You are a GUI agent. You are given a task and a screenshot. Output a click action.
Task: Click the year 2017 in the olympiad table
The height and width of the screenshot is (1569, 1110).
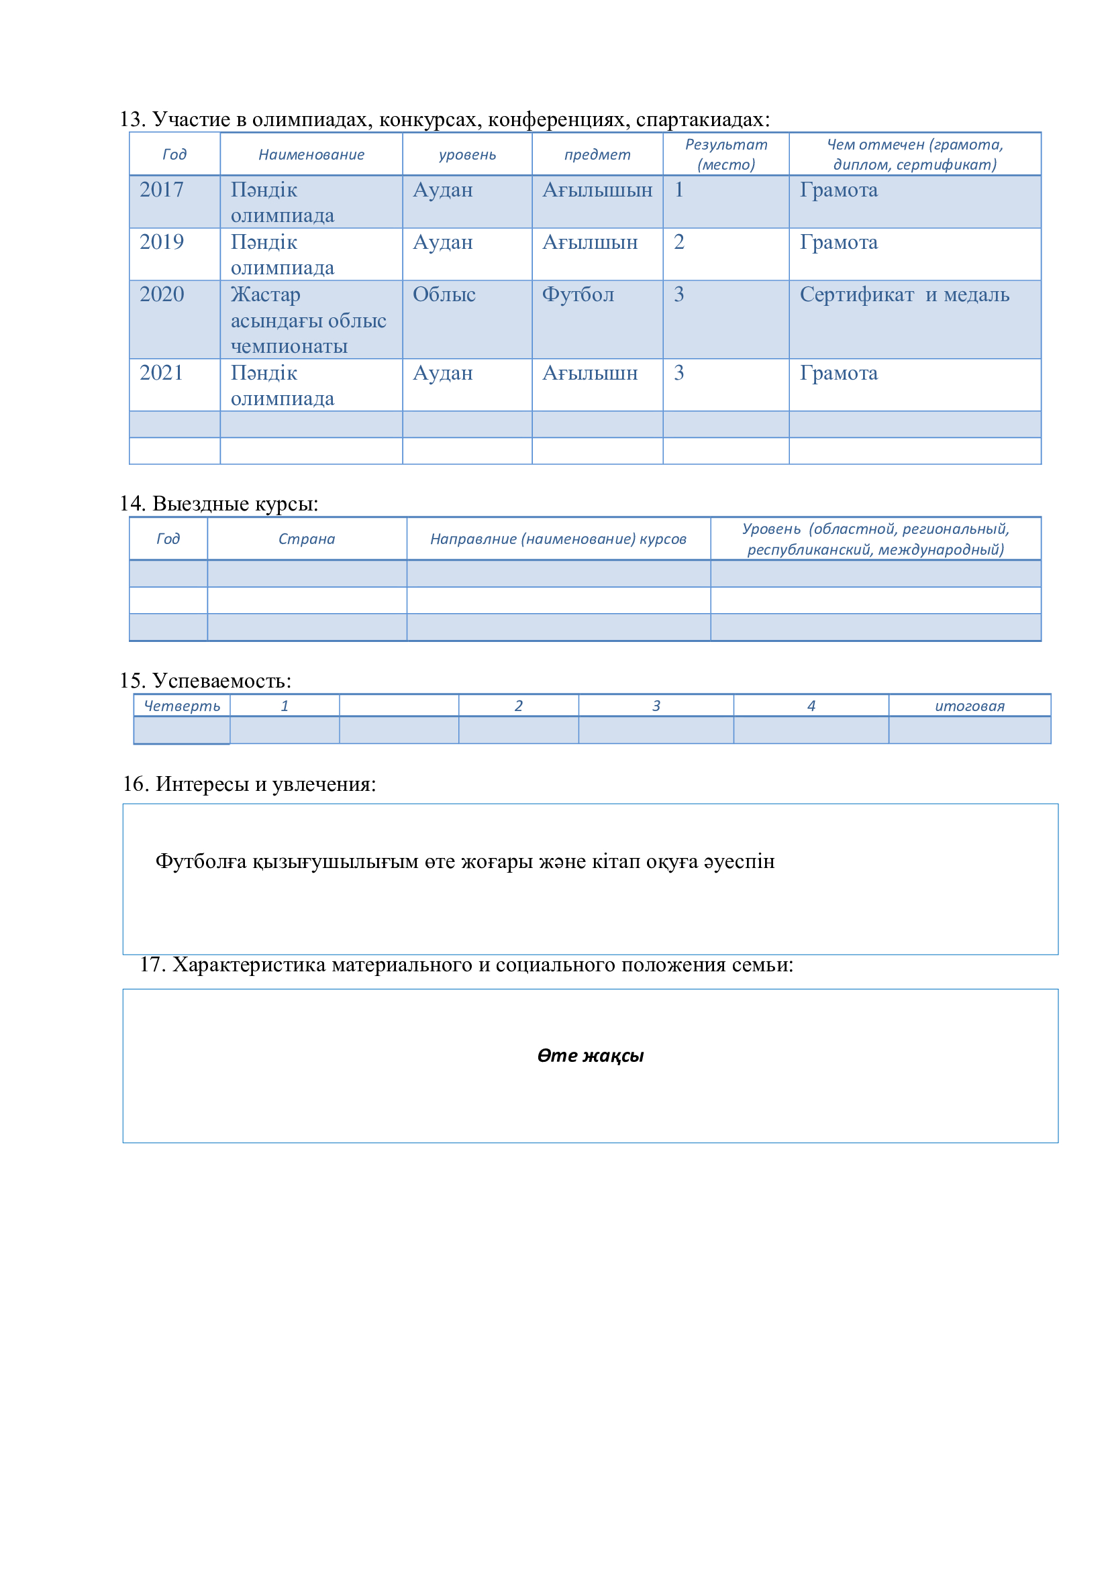[x=161, y=190]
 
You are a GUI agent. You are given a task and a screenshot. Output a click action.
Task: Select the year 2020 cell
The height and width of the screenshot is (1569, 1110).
[x=161, y=294]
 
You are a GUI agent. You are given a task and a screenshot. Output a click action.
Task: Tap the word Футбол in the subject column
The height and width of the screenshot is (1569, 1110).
[x=578, y=294]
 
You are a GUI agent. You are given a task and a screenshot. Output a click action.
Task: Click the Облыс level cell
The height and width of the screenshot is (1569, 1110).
[x=444, y=294]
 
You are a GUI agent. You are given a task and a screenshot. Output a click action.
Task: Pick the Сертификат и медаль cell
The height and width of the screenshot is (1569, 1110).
[x=903, y=294]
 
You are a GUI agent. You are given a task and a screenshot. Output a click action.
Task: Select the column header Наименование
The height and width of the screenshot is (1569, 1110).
[x=311, y=154]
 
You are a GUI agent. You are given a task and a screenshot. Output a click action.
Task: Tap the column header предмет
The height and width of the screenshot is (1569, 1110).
[x=597, y=154]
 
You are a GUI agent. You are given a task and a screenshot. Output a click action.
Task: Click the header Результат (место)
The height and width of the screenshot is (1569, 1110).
[x=726, y=154]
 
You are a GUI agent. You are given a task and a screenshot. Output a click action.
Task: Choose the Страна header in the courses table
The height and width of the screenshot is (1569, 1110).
[x=306, y=539]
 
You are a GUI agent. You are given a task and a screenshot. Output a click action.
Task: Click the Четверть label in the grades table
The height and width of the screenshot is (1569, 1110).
[x=182, y=706]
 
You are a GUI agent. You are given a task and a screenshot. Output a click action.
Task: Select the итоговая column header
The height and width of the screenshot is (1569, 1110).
[x=969, y=706]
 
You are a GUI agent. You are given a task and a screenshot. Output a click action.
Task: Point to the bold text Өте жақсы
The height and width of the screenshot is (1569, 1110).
[x=590, y=1056]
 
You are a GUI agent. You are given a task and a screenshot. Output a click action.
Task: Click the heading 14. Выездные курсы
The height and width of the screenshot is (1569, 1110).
[x=219, y=504]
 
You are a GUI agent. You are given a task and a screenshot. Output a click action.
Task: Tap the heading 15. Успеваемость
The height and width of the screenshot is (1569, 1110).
[x=205, y=681]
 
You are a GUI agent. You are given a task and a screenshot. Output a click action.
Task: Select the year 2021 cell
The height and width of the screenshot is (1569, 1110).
[x=161, y=373]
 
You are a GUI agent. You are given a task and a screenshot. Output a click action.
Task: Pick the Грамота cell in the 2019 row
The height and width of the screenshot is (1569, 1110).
[x=838, y=243]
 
